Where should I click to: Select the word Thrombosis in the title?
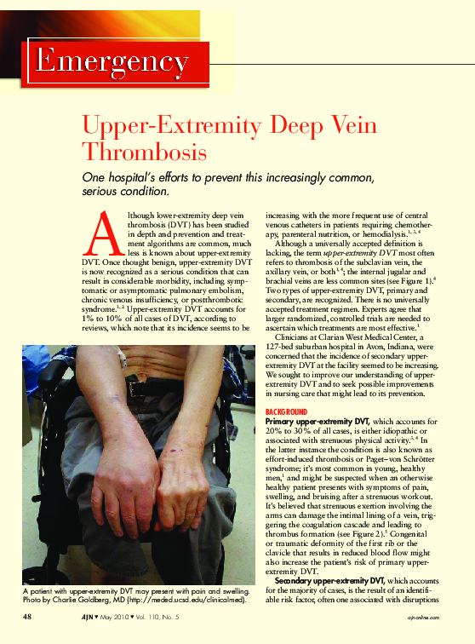pyautogui.click(x=144, y=153)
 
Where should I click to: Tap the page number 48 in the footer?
pyautogui.click(x=28, y=616)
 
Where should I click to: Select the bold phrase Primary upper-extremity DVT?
pyautogui.click(x=321, y=422)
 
